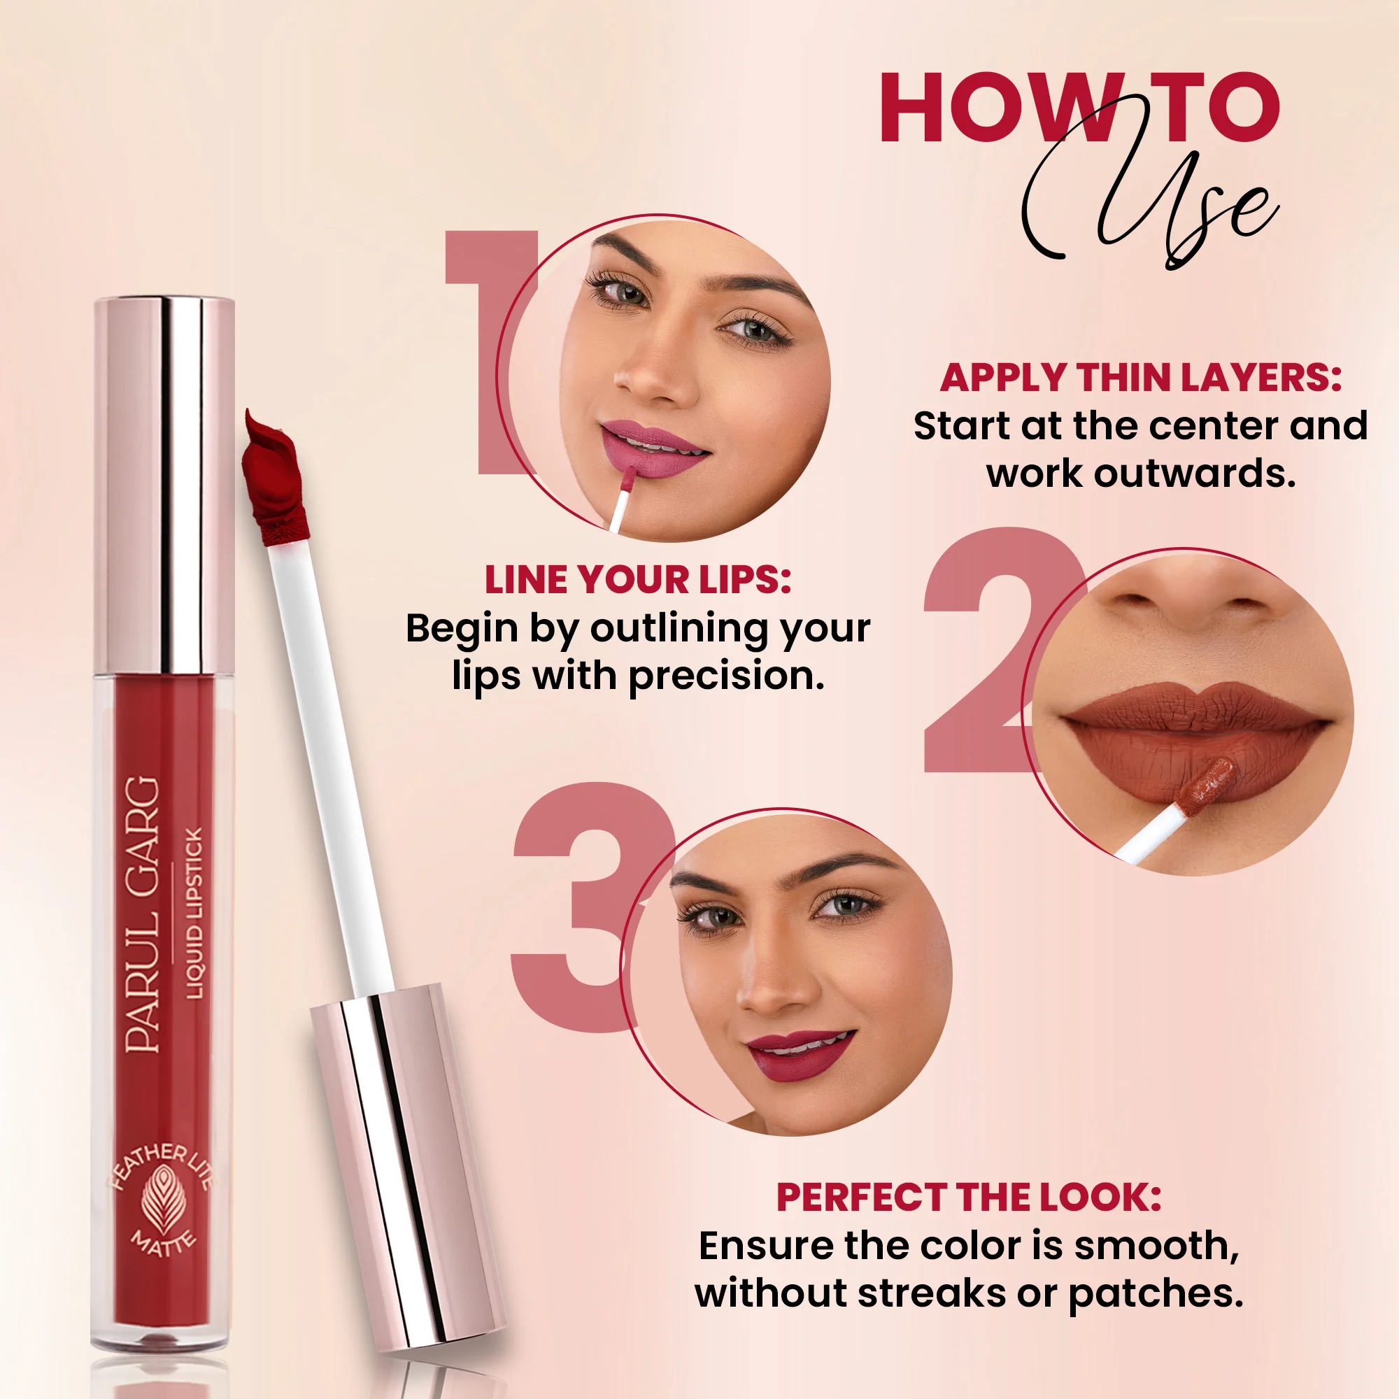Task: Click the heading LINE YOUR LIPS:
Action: (637, 580)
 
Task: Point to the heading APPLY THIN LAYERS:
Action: (1140, 378)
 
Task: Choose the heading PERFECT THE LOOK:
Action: (969, 1198)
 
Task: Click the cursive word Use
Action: (1151, 210)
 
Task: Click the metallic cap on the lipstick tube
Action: (164, 485)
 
